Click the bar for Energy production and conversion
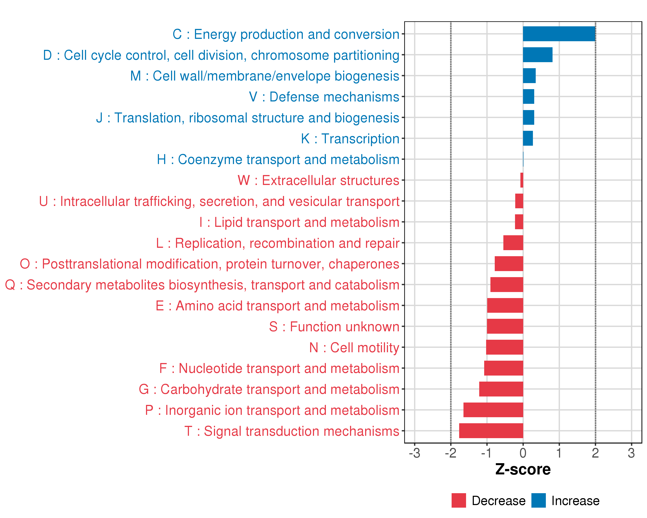[x=559, y=34]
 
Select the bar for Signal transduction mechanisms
[x=491, y=431]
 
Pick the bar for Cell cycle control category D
[x=537, y=55]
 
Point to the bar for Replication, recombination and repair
[x=513, y=243]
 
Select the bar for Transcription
[x=528, y=138]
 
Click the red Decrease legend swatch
[x=459, y=500]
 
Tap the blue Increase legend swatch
[x=538, y=500]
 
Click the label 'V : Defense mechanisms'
[x=324, y=97]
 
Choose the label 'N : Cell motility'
[x=354, y=348]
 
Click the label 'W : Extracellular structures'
[x=318, y=180]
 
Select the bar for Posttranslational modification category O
[x=509, y=264]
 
